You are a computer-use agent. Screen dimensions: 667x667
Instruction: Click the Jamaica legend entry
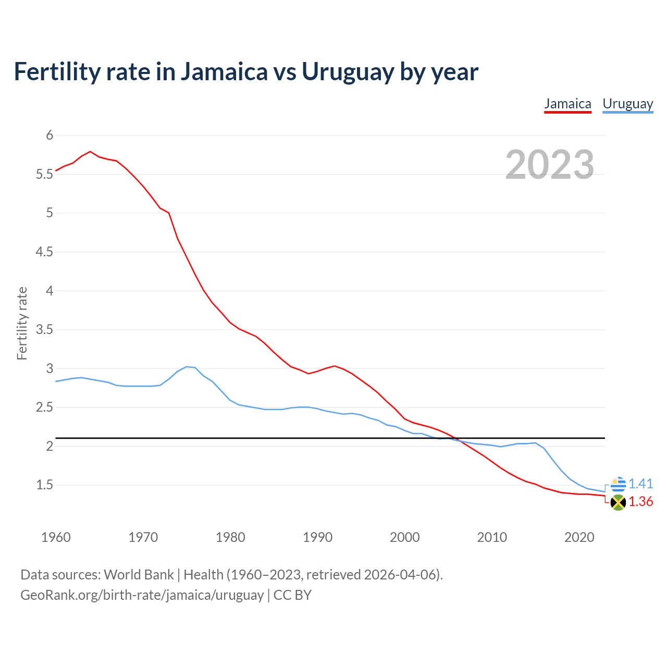pyautogui.click(x=567, y=104)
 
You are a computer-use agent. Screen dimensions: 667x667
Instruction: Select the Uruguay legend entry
pyautogui.click(x=627, y=104)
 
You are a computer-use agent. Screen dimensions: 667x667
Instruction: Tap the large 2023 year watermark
pyautogui.click(x=550, y=165)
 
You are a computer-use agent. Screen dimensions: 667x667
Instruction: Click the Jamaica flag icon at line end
pyautogui.click(x=618, y=502)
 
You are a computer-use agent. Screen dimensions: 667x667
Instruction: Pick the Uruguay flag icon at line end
pyautogui.click(x=618, y=484)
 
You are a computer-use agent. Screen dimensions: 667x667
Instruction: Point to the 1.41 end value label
pyautogui.click(x=640, y=484)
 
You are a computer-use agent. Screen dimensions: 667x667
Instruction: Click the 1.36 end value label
pyautogui.click(x=640, y=502)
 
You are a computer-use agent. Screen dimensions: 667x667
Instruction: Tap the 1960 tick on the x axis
pyautogui.click(x=56, y=537)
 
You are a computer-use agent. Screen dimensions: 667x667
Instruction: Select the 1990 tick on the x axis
pyautogui.click(x=317, y=537)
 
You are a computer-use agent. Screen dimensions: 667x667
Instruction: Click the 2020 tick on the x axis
pyautogui.click(x=579, y=537)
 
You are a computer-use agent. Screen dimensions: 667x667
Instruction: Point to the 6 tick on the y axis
pyautogui.click(x=50, y=135)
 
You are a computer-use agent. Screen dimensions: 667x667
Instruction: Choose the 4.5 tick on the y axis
pyautogui.click(x=45, y=252)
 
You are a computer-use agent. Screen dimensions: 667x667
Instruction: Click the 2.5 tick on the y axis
pyautogui.click(x=45, y=407)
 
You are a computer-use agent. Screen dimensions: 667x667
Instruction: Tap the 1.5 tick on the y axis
pyautogui.click(x=45, y=485)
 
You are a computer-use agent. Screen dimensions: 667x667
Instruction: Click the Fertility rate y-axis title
pyautogui.click(x=22, y=323)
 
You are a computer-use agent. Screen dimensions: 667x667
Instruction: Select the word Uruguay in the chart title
pyautogui.click(x=348, y=72)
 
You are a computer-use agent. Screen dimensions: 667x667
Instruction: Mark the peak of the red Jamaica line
pyautogui.click(x=91, y=152)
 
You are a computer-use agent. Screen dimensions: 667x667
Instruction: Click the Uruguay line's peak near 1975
pyautogui.click(x=187, y=367)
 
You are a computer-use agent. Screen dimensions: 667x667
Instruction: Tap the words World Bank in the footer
pyautogui.click(x=139, y=575)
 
